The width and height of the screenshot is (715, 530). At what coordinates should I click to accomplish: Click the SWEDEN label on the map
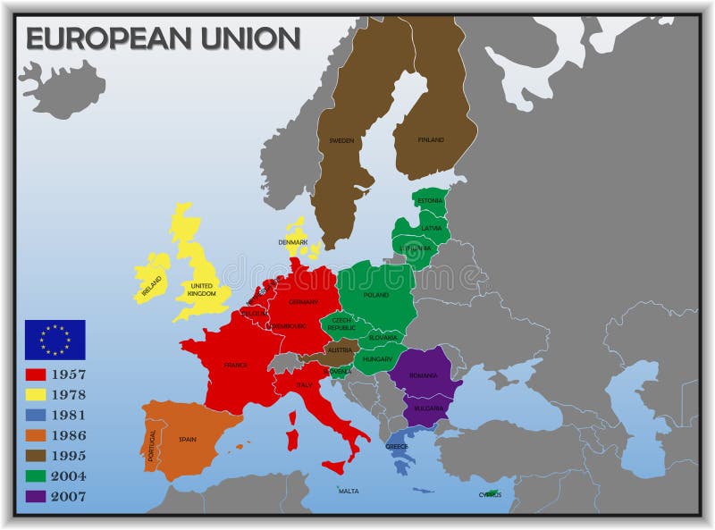coord(341,140)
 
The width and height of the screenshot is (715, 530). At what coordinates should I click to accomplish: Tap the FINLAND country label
coord(431,140)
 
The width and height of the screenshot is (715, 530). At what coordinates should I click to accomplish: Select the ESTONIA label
coord(430,200)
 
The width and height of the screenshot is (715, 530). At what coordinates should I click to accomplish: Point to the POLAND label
coord(376,294)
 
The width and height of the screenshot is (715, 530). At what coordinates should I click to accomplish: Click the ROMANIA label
coord(424,375)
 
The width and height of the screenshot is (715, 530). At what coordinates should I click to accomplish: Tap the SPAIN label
coord(187,439)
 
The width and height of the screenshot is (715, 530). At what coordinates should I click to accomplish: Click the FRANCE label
coord(236,365)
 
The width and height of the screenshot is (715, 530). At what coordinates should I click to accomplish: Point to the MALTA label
coord(349,491)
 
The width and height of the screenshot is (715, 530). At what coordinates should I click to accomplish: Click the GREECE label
coord(397,445)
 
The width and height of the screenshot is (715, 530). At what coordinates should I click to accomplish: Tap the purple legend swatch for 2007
coord(36,496)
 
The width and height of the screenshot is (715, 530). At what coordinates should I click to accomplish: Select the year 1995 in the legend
coord(70,456)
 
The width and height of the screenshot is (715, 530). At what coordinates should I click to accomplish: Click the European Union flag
coord(55,339)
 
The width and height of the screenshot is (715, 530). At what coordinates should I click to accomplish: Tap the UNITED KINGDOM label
coord(203,290)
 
